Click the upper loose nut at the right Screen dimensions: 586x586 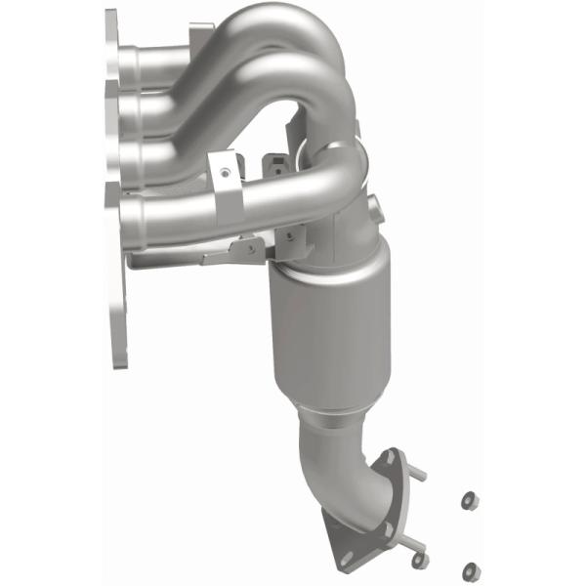click(x=468, y=500)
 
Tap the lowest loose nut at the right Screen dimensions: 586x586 click(x=472, y=568)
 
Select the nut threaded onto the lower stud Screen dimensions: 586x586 click(x=419, y=559)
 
